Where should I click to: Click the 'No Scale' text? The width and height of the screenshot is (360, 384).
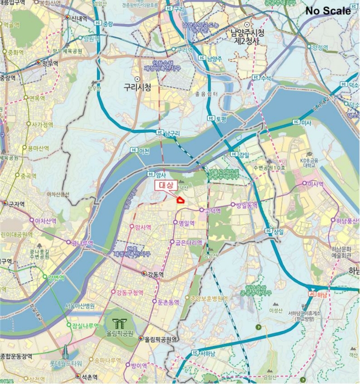pyautogui.click(x=328, y=11)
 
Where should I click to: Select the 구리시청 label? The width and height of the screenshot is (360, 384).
pyautogui.click(x=137, y=87)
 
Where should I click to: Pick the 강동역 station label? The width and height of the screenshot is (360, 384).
pyautogui.click(x=155, y=274)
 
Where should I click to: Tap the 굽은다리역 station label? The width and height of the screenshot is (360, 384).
pyautogui.click(x=188, y=242)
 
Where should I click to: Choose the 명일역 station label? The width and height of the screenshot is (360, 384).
pyautogui.click(x=186, y=223)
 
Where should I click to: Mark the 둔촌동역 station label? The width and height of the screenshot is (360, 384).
pyautogui.click(x=168, y=302)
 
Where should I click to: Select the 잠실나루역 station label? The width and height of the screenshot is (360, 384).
pyautogui.click(x=85, y=325)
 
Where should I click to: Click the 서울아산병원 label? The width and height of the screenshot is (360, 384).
pyautogui.click(x=83, y=306)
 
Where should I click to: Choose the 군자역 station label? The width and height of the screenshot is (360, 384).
pyautogui.click(x=16, y=204)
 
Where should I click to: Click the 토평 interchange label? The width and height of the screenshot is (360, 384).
pyautogui.click(x=221, y=118)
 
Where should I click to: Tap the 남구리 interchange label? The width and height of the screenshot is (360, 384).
pyautogui.click(x=172, y=133)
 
